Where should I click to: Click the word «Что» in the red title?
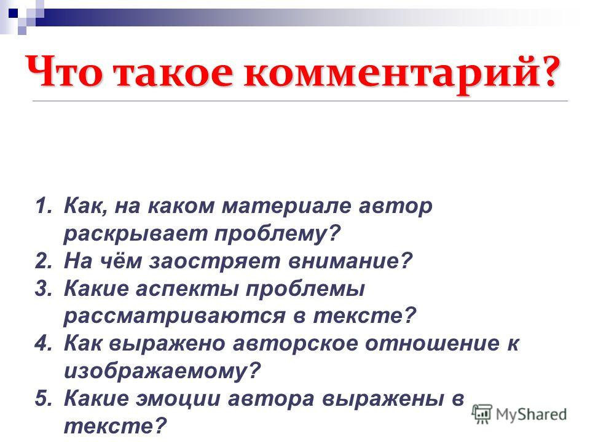tap(64, 71)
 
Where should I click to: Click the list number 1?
tap(44, 206)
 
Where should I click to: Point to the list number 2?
tap(44, 260)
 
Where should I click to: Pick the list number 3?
tap(44, 289)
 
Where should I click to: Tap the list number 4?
tap(44, 343)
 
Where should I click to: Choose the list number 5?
tap(44, 398)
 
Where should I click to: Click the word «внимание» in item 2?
tap(350, 261)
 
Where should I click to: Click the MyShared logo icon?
tap(482, 414)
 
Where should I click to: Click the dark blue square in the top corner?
tap(13, 14)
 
